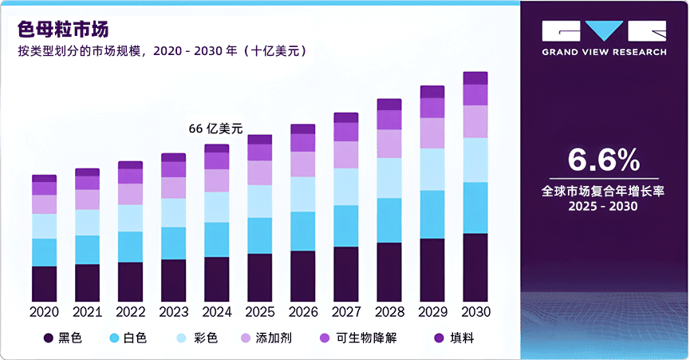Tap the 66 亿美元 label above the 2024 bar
(215, 129)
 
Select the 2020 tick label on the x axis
(44, 311)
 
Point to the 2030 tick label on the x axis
(475, 311)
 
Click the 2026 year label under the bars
(302, 311)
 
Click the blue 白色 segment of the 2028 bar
(389, 220)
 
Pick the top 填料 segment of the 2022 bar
(130, 165)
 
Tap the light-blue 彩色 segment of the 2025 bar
(259, 201)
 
